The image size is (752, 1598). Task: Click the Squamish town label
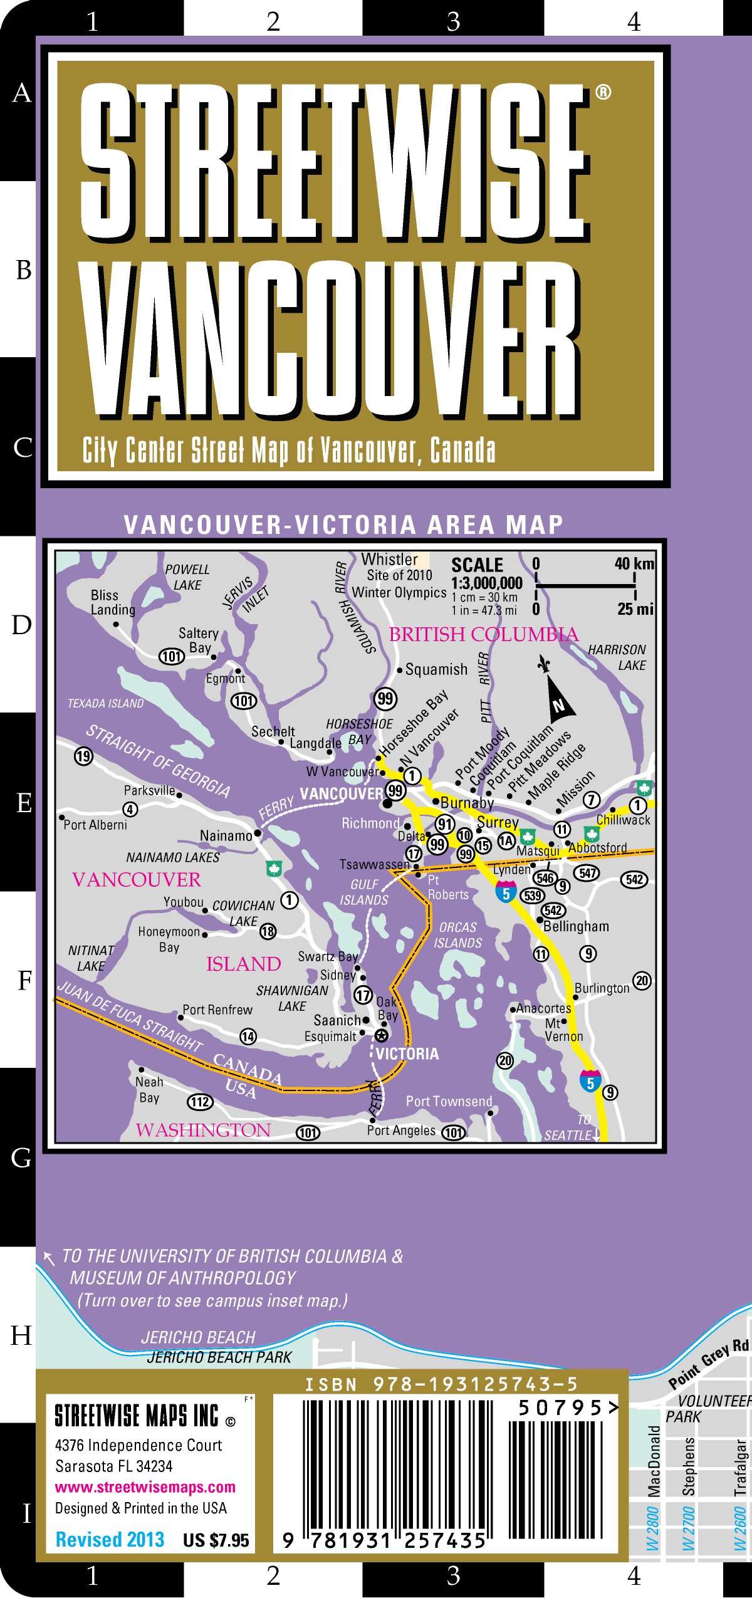pyautogui.click(x=436, y=669)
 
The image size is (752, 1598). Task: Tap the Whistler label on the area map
pyautogui.click(x=389, y=559)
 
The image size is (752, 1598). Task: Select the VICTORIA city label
pyautogui.click(x=407, y=1053)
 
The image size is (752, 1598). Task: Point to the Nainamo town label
pyautogui.click(x=226, y=835)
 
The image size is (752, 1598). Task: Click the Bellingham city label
pyautogui.click(x=575, y=926)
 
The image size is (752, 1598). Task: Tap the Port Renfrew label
pyautogui.click(x=217, y=1010)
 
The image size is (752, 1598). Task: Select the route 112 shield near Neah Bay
pyautogui.click(x=201, y=1102)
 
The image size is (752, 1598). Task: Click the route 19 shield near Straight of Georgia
pyautogui.click(x=83, y=756)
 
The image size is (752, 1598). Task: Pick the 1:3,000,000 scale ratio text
pyautogui.click(x=486, y=583)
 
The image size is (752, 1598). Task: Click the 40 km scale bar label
pyautogui.click(x=634, y=563)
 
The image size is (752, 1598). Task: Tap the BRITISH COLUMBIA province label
pyautogui.click(x=483, y=634)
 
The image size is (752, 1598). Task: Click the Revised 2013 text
pyautogui.click(x=110, y=1539)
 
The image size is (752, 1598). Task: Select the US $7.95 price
pyautogui.click(x=216, y=1540)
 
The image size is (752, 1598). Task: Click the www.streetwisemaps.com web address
pyautogui.click(x=145, y=1487)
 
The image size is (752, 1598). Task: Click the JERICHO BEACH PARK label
pyautogui.click(x=219, y=1357)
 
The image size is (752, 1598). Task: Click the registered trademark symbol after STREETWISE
pyautogui.click(x=603, y=93)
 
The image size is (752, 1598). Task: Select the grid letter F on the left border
pyautogui.click(x=24, y=980)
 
